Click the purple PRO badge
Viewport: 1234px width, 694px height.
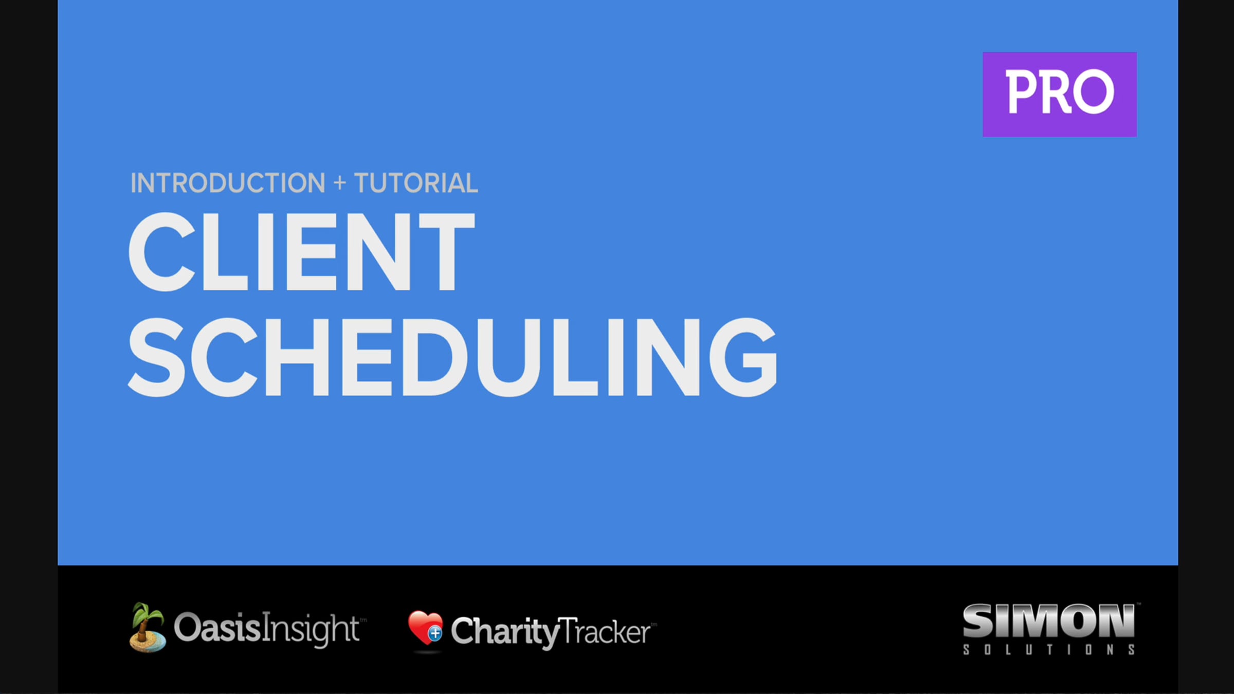(1059, 94)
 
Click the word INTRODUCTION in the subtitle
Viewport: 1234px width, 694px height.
(228, 183)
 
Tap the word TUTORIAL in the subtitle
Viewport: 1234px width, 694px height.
(416, 183)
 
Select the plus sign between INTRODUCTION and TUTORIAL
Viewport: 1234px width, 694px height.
(339, 183)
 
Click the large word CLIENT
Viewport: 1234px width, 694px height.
(301, 251)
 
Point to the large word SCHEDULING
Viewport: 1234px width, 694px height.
(452, 357)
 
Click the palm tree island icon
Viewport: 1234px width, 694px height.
(147, 628)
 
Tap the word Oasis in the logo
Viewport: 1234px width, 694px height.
(217, 628)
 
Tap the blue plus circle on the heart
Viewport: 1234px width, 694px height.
(435, 633)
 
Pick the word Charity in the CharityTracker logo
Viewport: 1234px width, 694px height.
(504, 631)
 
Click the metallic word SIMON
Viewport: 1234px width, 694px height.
(1048, 620)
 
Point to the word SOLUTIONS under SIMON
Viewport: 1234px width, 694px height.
(1048, 650)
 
